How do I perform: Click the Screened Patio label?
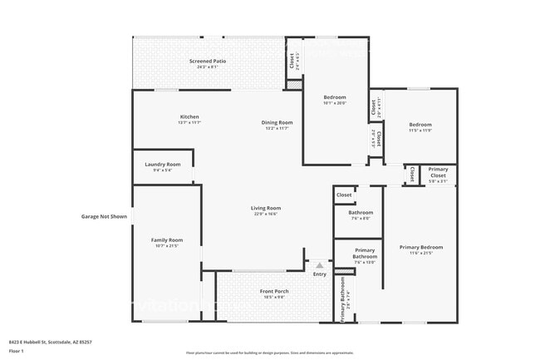click(208, 61)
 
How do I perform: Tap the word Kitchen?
click(189, 116)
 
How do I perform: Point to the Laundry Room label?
click(162, 165)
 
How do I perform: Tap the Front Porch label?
click(274, 292)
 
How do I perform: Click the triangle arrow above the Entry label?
click(319, 265)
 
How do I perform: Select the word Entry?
click(319, 274)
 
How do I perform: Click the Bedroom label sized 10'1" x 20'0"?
click(335, 98)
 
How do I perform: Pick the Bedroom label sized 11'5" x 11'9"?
click(420, 125)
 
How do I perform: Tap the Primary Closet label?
click(438, 171)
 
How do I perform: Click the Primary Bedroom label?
click(420, 247)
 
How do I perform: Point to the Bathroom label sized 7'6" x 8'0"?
click(360, 213)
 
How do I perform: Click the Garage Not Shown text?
click(104, 217)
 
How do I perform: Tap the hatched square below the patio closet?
click(292, 84)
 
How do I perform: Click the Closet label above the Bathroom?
click(343, 195)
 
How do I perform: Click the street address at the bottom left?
click(50, 341)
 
